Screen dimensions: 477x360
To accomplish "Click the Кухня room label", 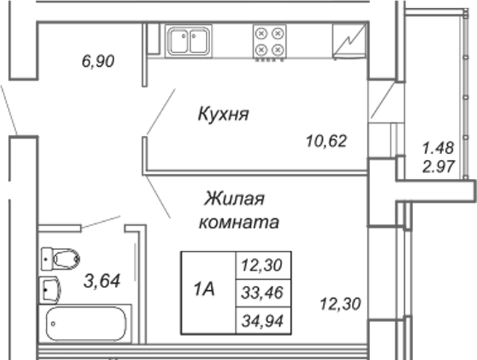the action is [223, 114].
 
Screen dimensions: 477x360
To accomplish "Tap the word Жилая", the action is [234, 199].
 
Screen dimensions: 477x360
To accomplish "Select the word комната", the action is [238, 222].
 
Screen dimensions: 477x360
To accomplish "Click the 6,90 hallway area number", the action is [98, 61].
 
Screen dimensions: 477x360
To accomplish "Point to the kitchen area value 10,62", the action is [326, 141].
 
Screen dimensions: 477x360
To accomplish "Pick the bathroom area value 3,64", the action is [102, 281].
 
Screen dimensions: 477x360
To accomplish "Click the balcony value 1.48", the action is [438, 148].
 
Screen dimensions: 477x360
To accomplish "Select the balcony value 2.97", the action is [438, 167].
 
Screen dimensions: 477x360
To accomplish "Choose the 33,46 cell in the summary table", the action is [263, 293].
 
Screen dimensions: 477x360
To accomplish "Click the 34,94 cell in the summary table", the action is [263, 321].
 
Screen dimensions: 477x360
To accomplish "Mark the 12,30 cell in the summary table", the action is [263, 265].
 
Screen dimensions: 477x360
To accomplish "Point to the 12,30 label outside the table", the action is [340, 304].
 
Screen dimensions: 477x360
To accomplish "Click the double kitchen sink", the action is [188, 41].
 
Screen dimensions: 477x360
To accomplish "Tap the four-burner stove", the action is [270, 41].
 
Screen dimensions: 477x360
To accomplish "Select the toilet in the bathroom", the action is [60, 259].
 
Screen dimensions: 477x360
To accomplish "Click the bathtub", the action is [85, 324].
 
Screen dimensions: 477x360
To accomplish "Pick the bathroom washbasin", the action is [49, 289].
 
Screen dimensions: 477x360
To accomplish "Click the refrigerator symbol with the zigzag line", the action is [349, 41].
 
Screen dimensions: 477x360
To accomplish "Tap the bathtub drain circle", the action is [53, 324].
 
